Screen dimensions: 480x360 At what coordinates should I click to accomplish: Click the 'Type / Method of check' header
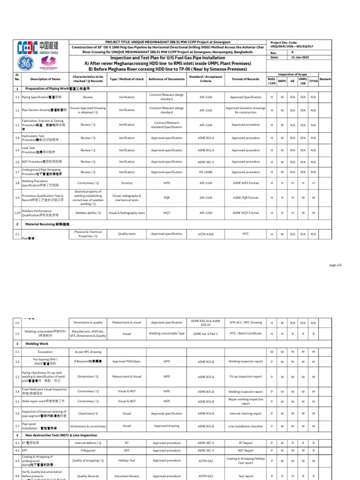click(x=127, y=79)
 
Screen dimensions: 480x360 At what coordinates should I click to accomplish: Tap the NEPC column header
click(x=282, y=81)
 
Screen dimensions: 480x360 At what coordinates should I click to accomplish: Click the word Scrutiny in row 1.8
click(x=127, y=183)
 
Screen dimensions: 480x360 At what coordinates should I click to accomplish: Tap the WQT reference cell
click(x=166, y=212)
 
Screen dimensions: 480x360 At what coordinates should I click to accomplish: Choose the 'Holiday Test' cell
click(x=127, y=460)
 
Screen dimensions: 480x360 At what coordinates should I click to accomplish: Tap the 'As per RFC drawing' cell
click(x=88, y=352)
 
